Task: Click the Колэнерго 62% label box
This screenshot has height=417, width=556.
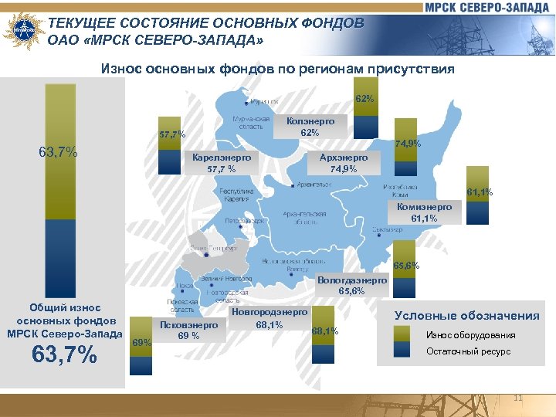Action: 310,127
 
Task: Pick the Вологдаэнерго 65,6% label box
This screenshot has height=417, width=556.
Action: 351,286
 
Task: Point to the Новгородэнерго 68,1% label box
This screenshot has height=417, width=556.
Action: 269,318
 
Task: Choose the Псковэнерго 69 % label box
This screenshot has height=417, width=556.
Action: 189,330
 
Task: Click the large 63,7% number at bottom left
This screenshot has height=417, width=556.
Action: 65,356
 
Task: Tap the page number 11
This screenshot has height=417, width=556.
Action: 518,398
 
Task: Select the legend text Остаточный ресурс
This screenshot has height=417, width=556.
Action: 469,351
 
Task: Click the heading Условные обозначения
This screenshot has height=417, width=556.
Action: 466,315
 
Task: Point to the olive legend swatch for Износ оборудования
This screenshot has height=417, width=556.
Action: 402,334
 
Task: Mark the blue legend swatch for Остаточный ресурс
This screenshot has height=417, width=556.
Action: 402,351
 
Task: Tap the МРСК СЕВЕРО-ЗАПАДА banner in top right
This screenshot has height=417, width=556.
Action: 487,7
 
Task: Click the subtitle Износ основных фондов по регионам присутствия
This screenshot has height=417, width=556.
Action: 278,69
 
